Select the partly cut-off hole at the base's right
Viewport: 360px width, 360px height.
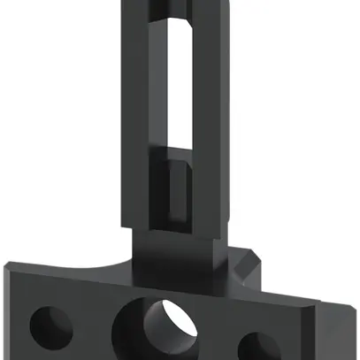[x=257, y=346]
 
